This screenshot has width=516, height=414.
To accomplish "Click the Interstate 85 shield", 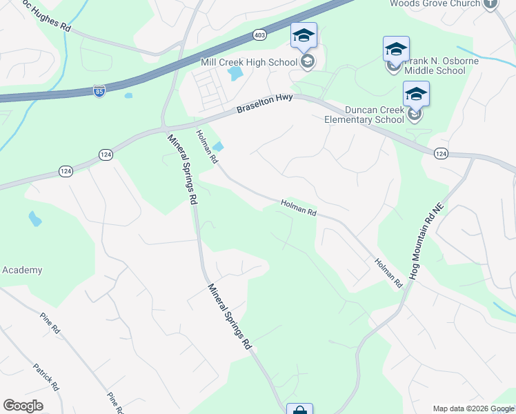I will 99,90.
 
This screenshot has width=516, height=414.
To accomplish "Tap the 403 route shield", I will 259,34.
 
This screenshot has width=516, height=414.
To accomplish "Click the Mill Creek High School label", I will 248,63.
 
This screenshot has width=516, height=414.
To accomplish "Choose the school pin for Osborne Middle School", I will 396,50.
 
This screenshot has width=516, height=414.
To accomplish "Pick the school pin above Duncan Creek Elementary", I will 416,95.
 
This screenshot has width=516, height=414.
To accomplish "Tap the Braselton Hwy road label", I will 264,104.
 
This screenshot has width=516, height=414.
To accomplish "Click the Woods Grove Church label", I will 435,3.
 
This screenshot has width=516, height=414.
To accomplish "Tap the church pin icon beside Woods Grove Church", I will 490,3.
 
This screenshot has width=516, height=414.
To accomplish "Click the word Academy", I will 22,270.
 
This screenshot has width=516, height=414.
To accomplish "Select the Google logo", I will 23,406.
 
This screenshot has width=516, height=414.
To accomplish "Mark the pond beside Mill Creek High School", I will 235,72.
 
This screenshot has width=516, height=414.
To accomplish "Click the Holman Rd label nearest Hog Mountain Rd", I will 388,273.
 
